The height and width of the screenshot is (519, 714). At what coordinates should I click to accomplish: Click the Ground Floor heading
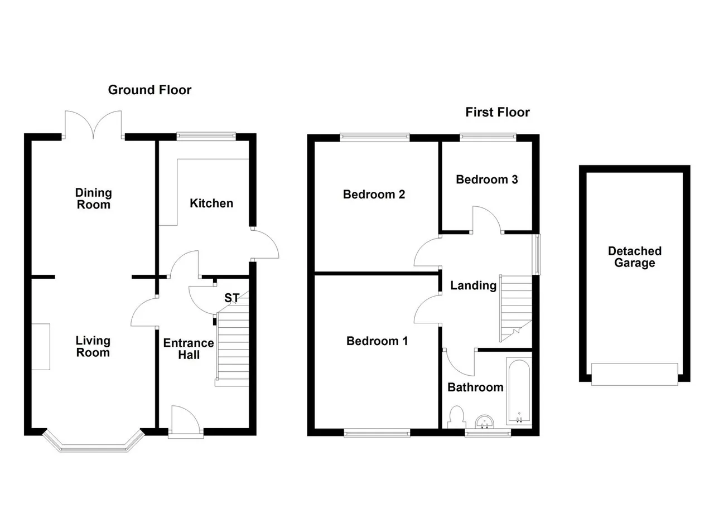149,90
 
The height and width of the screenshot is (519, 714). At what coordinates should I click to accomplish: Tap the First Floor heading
498,112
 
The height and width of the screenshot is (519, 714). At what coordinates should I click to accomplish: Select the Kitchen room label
211,203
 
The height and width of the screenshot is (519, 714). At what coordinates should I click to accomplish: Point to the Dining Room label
93,198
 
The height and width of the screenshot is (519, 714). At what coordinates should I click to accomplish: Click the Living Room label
93,347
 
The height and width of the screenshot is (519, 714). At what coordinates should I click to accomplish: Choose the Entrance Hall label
189,349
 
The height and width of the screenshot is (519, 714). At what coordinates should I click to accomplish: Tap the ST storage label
231,298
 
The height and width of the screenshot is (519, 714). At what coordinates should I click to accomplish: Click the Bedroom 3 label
487,180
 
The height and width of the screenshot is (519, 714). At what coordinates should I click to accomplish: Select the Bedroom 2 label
374,195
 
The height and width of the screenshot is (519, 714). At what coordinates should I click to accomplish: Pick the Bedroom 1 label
377,341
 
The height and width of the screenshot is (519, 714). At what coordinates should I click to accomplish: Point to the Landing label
474,286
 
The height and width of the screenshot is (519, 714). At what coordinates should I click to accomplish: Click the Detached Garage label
635,257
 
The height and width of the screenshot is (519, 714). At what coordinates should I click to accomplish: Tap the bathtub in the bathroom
519,391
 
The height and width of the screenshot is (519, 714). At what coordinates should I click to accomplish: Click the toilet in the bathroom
456,417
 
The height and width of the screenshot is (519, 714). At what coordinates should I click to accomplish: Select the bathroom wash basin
485,422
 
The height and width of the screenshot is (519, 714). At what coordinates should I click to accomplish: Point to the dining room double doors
93,124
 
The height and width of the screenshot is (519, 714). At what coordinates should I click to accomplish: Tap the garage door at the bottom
635,375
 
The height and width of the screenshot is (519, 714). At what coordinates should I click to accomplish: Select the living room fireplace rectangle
41,347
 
